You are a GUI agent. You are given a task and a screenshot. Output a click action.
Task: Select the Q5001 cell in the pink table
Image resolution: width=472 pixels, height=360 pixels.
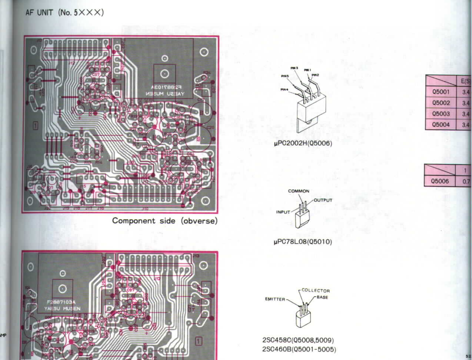pos(441,92)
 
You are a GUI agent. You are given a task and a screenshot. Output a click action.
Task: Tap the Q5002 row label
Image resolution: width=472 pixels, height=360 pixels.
pos(441,103)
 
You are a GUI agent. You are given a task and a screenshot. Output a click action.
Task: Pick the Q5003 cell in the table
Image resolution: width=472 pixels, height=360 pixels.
pos(441,114)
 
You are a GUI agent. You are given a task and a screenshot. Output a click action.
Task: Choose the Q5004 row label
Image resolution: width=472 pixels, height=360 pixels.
pos(441,125)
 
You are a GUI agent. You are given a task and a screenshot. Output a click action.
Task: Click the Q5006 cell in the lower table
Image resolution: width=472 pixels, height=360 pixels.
pos(440,181)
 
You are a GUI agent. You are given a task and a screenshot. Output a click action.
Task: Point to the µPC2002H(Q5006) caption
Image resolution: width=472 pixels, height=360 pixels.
pos(303,143)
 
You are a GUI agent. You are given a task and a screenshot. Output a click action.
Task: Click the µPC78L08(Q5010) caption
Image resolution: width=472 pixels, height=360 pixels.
pos(302,242)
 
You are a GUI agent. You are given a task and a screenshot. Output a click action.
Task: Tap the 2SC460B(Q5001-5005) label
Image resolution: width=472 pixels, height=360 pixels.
pos(299,349)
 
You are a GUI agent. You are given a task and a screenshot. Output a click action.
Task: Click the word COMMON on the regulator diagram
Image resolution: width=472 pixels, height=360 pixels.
pos(298,191)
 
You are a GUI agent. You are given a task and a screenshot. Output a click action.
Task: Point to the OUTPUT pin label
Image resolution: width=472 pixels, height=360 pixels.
pos(323,200)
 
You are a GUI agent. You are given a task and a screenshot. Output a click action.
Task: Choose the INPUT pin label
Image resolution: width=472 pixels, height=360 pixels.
pos(283,212)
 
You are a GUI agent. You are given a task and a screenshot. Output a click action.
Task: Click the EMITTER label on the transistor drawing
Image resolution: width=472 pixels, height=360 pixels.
pos(275,299)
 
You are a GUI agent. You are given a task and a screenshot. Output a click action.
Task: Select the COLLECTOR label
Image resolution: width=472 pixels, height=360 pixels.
pos(316,290)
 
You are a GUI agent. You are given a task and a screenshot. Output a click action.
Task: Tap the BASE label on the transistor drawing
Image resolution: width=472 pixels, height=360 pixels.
pos(322,297)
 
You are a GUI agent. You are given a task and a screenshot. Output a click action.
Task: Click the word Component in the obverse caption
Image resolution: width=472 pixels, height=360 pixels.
pos(134,221)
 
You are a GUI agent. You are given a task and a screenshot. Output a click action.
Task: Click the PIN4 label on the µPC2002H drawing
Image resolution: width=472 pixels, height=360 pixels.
pos(284,90)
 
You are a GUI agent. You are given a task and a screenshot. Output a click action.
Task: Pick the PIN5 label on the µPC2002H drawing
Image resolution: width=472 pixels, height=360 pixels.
pos(285,76)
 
